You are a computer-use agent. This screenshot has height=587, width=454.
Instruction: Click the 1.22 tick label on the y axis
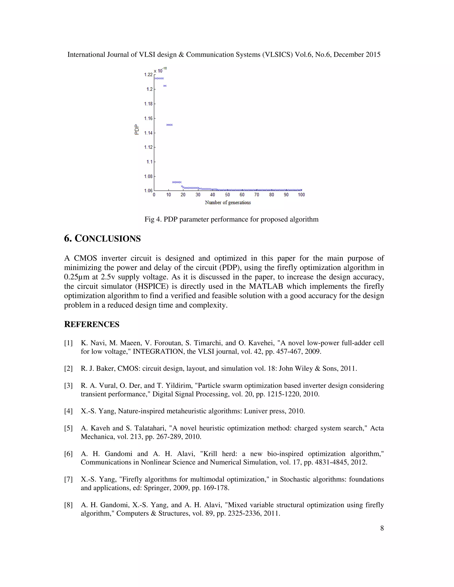148,74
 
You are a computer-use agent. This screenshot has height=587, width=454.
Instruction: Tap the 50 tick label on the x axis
227,194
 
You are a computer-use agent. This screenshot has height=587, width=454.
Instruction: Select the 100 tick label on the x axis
301,194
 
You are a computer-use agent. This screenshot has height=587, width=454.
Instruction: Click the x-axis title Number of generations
228,202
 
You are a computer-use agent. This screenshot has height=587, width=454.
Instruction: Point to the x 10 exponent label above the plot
160,70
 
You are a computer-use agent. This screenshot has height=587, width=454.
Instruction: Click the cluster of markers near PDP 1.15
169,125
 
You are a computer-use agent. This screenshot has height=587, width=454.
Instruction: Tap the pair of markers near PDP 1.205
165,86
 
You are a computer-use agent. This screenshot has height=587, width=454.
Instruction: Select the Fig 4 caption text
231,219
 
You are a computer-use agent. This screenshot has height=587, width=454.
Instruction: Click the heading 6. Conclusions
102,239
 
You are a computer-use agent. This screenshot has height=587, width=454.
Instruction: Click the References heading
92,325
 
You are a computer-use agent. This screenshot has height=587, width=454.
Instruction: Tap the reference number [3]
68,385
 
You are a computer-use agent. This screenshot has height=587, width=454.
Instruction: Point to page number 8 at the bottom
382,528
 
